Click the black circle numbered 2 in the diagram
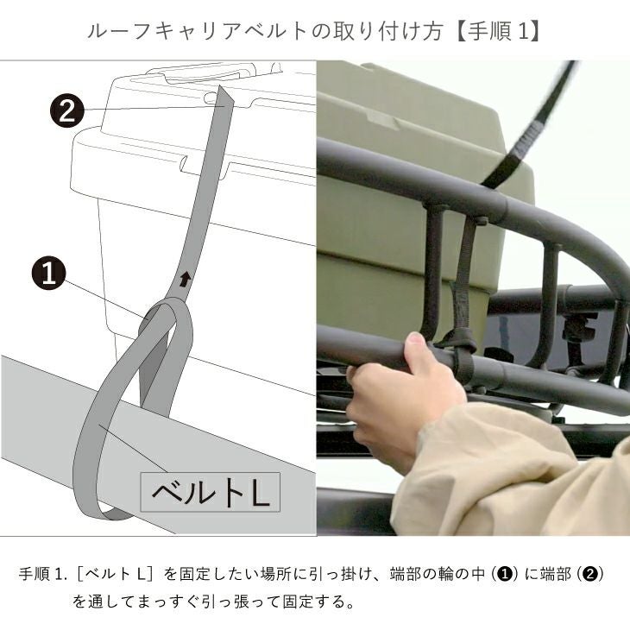tap(67, 110)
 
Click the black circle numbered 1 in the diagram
tap(48, 274)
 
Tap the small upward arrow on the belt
tap(185, 280)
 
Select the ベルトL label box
tap(210, 492)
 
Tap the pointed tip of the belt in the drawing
tap(220, 86)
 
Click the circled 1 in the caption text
tap(505, 575)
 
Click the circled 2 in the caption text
tap(589, 575)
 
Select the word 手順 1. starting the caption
tap(42, 575)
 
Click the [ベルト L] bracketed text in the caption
tap(116, 575)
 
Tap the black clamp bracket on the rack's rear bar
tap(576, 327)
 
